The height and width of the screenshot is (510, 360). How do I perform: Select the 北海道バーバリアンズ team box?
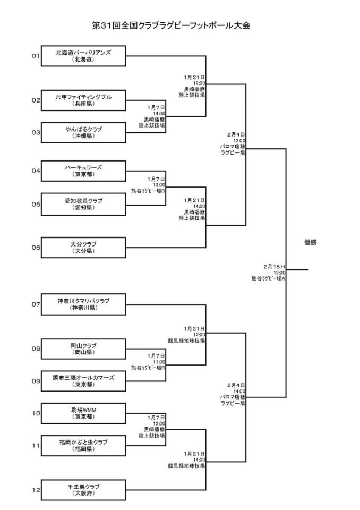point(83,56)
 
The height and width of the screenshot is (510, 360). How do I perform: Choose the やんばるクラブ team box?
point(83,132)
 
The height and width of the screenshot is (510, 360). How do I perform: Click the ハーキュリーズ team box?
point(83,171)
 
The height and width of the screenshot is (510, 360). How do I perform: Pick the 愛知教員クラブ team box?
point(83,204)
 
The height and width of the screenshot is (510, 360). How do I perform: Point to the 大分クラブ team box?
point(83,247)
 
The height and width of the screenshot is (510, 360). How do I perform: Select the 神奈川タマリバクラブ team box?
point(83,304)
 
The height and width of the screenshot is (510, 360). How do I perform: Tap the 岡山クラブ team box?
point(83,348)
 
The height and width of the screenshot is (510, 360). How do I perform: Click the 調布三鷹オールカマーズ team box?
point(83,380)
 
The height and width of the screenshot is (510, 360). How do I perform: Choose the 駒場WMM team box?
point(83,413)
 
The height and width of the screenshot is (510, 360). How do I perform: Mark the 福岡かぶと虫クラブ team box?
point(83,445)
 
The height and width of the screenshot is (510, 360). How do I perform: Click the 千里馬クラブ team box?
point(83,490)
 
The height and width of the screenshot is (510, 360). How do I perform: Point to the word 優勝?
point(312,242)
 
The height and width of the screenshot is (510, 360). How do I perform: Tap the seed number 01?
point(36,56)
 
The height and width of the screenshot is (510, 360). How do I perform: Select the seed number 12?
point(36,490)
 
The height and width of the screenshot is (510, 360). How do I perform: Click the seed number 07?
point(36,304)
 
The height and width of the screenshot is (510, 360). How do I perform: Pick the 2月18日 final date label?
point(275,266)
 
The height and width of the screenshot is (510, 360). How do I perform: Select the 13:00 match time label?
point(159,184)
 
